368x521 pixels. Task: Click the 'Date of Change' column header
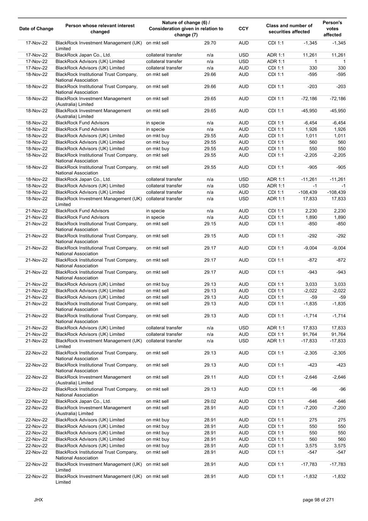coord(36,29)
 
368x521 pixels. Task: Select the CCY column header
coord(243,29)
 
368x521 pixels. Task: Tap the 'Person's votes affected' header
coord(332,29)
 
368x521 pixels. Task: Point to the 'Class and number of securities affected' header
coord(289,29)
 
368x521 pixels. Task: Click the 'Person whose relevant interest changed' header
coord(100,29)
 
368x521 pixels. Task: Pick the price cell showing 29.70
coord(210,43)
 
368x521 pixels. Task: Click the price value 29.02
coord(210,402)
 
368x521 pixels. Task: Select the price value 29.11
coord(210,377)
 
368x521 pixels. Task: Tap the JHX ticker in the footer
coord(38,500)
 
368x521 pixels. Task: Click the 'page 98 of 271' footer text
coord(318,500)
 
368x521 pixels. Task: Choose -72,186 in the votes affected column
coord(337,99)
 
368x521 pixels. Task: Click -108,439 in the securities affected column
coord(308,192)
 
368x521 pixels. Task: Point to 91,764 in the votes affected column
coord(339,334)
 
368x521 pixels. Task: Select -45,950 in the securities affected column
coord(309,111)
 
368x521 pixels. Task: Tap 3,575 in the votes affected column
coord(340,446)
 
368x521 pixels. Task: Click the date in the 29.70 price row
coord(36,43)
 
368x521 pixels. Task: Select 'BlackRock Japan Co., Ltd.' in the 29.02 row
coord(83,402)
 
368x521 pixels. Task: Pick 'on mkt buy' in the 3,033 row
coord(157,284)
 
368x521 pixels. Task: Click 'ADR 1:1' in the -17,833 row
coord(276,341)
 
